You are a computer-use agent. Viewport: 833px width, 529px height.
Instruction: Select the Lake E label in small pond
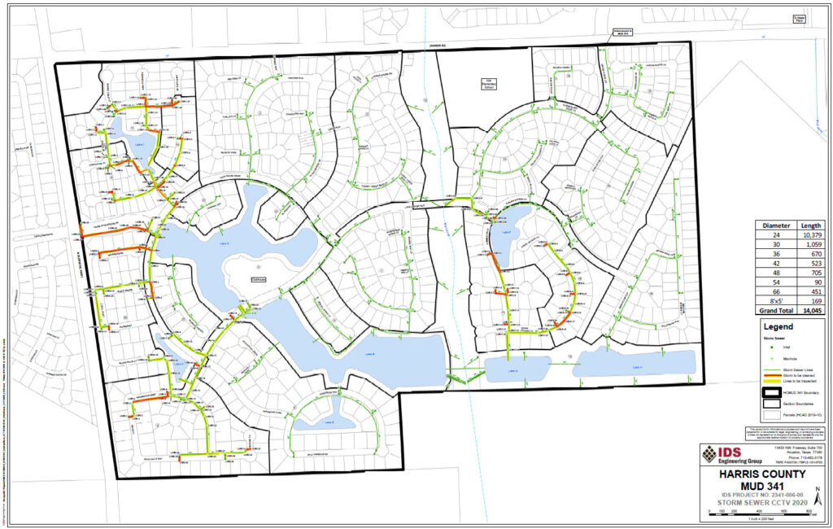pyautogui.click(x=329, y=422)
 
